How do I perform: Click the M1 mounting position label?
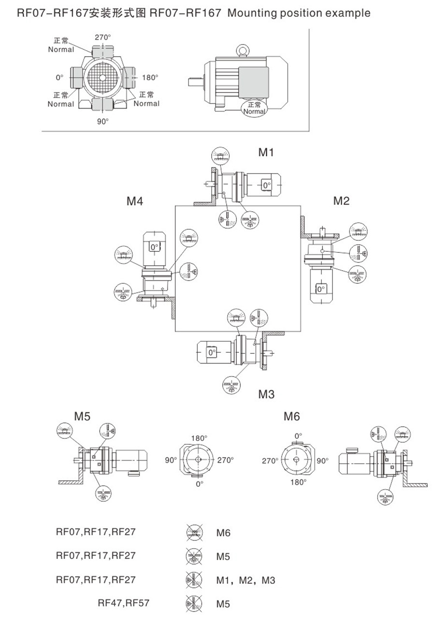[266, 153]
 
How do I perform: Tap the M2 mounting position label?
[341, 201]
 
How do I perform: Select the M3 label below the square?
[266, 394]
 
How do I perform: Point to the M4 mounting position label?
[135, 201]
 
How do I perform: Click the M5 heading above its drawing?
[82, 416]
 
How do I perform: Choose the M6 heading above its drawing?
[291, 416]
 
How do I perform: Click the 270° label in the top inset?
[102, 37]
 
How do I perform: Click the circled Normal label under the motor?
[254, 108]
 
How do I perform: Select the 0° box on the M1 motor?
[266, 185]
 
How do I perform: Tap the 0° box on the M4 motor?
[154, 247]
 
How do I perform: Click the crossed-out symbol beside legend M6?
[192, 533]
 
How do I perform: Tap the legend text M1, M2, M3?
[246, 580]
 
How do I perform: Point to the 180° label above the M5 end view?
[199, 438]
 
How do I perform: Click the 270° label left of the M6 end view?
[270, 461]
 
